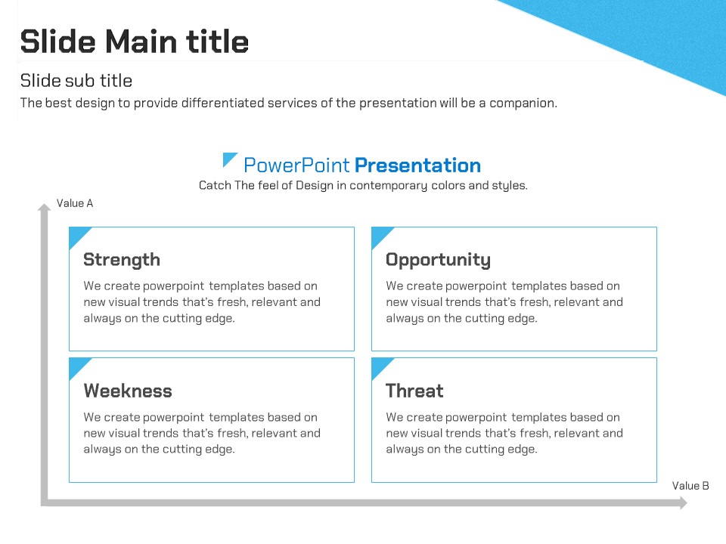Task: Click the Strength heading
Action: (122, 260)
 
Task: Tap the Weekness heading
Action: (128, 391)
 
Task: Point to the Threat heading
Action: (414, 391)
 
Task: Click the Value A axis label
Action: (75, 203)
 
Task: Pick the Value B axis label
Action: (690, 486)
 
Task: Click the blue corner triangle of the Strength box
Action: (77, 235)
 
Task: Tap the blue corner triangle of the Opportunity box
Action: (379, 235)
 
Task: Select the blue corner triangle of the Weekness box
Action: (77, 366)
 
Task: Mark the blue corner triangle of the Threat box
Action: (379, 366)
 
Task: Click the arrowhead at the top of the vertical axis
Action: (44, 207)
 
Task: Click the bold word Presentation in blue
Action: (417, 165)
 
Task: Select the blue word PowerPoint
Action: (296, 165)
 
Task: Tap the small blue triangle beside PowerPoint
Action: (228, 158)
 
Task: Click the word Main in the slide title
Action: (141, 42)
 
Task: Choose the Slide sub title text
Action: (76, 81)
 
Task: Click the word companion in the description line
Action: (523, 104)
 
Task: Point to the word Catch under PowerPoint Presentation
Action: (215, 185)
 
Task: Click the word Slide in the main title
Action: (58, 42)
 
